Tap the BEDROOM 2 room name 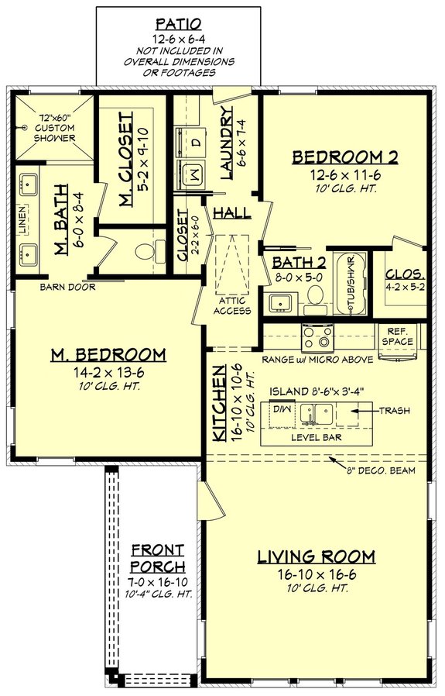tap(344, 158)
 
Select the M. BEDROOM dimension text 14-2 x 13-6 tap(108, 372)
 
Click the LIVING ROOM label tap(316, 556)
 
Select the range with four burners tap(317, 336)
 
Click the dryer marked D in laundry tap(194, 143)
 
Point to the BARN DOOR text tap(67, 287)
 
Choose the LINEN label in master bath tap(24, 221)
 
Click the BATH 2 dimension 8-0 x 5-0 tap(297, 277)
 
